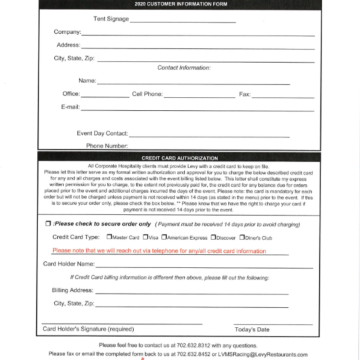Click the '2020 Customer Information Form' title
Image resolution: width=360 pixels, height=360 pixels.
tap(179, 5)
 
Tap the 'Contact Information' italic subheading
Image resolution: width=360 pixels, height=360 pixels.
tap(180, 68)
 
